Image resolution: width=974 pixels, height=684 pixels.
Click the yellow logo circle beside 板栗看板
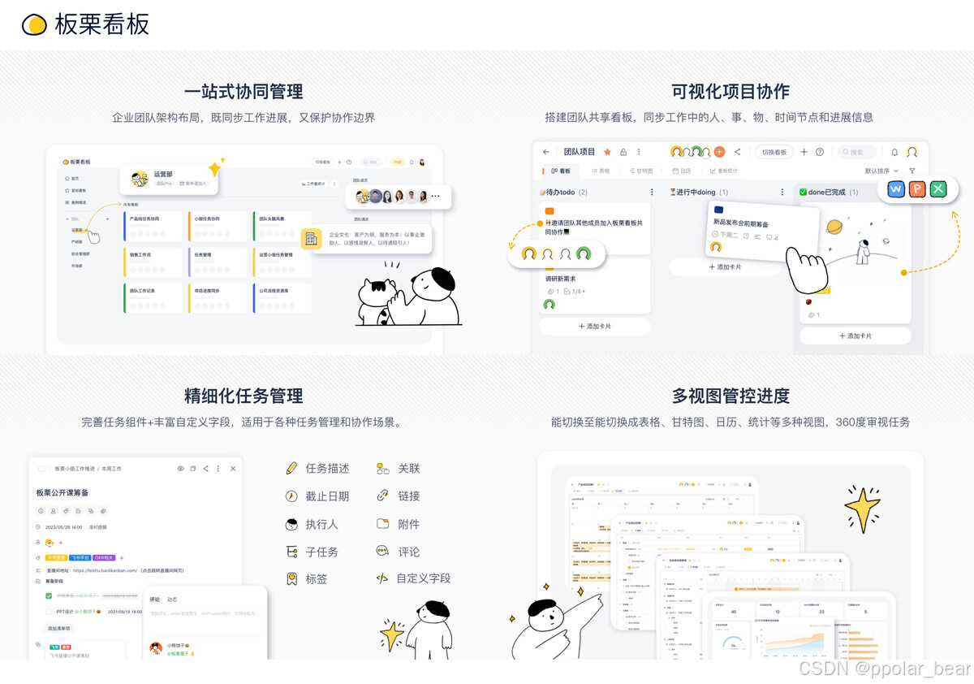(x=34, y=25)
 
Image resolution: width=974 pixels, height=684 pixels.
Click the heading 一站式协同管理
(x=243, y=91)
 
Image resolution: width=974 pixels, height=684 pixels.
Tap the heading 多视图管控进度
(x=730, y=396)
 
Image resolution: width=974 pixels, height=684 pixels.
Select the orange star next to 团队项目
(x=607, y=152)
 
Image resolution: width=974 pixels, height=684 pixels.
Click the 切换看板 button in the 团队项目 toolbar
(x=774, y=152)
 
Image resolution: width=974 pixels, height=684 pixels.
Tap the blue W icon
(x=896, y=189)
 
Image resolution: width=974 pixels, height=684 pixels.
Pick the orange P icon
(x=917, y=189)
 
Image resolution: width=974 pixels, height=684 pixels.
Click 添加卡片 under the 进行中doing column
(x=724, y=266)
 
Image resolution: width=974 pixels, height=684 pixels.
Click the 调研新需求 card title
(x=561, y=279)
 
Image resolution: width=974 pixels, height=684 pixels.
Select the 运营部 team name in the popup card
(x=163, y=174)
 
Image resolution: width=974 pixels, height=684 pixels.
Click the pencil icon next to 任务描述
(x=291, y=469)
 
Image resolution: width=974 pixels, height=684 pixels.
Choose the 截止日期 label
(x=327, y=496)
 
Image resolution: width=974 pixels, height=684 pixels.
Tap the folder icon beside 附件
(x=382, y=524)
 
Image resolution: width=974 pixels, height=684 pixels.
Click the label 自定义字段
(x=423, y=579)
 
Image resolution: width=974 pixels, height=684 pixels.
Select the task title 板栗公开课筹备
(x=62, y=492)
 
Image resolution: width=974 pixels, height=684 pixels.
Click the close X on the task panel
(x=233, y=469)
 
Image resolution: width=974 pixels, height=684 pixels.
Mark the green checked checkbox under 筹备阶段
(x=49, y=596)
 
